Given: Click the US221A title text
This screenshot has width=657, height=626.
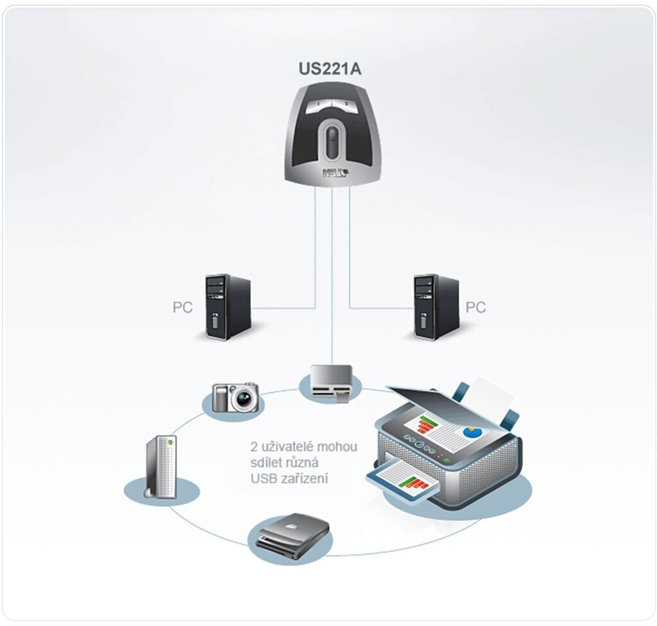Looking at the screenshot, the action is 330,69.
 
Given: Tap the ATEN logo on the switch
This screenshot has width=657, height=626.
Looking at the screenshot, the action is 336,172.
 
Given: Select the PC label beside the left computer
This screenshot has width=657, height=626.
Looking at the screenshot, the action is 182,307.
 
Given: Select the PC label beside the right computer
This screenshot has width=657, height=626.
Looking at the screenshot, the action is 475,307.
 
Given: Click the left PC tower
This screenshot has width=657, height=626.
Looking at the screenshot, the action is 228,307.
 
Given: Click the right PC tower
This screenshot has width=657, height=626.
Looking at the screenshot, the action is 436,307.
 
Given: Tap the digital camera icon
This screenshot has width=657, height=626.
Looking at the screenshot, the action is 235,397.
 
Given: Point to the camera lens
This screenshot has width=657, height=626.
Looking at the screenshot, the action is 244,398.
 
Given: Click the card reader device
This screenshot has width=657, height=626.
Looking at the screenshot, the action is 332,382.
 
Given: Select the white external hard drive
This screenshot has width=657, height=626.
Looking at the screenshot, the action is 161,467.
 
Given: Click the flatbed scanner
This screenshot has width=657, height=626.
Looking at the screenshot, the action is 293,535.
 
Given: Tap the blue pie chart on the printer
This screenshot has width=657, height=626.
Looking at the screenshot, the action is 473,431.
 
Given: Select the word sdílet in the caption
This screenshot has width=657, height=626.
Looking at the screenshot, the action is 266,462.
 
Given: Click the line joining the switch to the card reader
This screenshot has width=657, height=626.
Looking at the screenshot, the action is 332,276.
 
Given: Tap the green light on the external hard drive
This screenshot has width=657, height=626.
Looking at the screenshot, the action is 171,442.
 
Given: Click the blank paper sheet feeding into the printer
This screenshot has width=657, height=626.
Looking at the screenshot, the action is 493,394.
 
